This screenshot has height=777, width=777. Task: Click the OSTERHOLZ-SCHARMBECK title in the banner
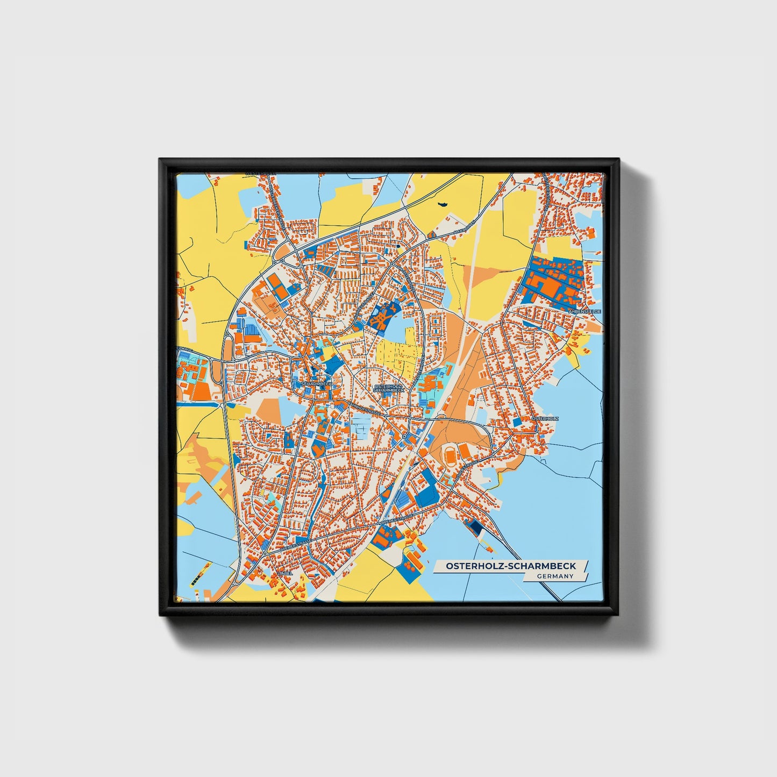click(511, 566)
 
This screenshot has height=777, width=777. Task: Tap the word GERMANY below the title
click(555, 576)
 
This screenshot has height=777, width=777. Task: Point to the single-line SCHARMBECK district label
click(316, 384)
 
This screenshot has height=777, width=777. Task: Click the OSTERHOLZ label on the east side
click(545, 418)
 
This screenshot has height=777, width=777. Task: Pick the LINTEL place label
click(284, 573)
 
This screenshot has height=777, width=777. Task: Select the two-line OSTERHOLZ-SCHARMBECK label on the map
click(388, 388)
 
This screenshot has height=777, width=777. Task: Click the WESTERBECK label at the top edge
click(260, 173)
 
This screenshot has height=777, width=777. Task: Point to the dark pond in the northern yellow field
click(444, 204)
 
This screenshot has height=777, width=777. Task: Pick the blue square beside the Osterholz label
click(517, 423)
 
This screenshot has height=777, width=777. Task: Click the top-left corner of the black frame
click(160, 159)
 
